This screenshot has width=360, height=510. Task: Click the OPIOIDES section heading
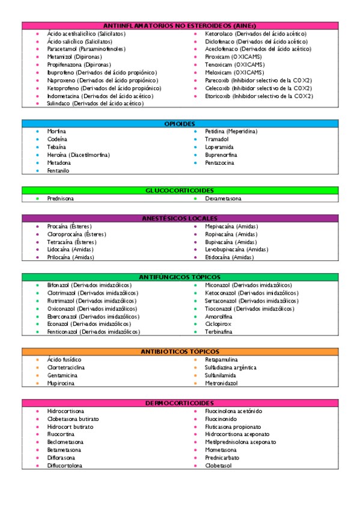pyautogui.click(x=179, y=123)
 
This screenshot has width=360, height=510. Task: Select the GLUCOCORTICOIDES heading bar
pyautogui.click(x=179, y=190)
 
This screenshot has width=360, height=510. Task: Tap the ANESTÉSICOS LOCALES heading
pyautogui.click(x=179, y=218)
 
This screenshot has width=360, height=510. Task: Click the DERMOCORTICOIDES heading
pyautogui.click(x=179, y=402)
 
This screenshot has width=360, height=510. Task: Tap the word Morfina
pyautogui.click(x=56, y=131)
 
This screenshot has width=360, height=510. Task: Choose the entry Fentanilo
pyautogui.click(x=58, y=171)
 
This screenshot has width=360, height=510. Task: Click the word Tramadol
pyautogui.click(x=216, y=139)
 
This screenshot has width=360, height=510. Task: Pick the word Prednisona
pyautogui.click(x=61, y=198)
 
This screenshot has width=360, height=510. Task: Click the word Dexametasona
pyautogui.click(x=223, y=198)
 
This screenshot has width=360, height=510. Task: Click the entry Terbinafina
pyautogui.click(x=219, y=331)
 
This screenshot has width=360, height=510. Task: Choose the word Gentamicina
pyautogui.click(x=62, y=375)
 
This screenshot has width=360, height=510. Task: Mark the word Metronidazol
pyautogui.click(x=221, y=382)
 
